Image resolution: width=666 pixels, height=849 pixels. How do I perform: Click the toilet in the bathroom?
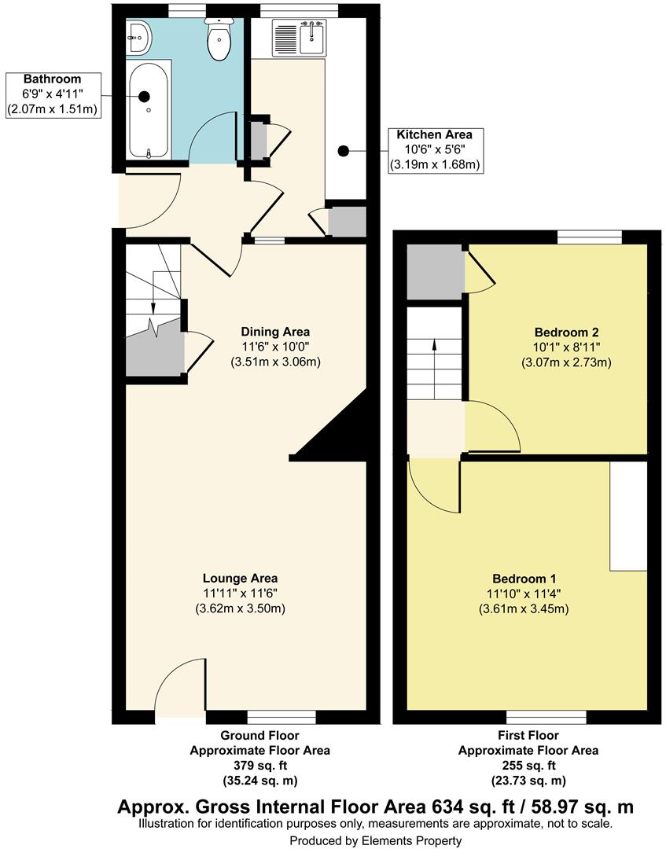[x=218, y=40]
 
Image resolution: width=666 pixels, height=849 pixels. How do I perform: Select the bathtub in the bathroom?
[x=148, y=110]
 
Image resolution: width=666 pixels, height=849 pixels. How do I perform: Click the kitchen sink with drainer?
[x=299, y=38]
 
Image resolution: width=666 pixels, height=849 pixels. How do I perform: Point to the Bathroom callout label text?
[x=52, y=79]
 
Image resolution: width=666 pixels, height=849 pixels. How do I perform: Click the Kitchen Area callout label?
[x=435, y=134]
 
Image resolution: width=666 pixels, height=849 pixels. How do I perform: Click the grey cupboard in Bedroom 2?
[x=434, y=271]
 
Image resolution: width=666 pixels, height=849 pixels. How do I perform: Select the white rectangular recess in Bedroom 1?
[x=628, y=516]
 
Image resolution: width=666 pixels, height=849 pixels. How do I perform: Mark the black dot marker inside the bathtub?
[x=145, y=96]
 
